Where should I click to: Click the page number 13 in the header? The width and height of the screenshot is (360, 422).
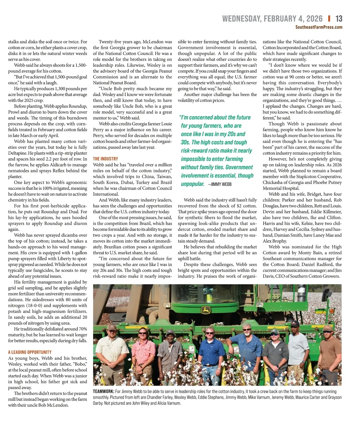(x=339, y=19)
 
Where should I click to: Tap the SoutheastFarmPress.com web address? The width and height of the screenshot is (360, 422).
(x=319, y=27)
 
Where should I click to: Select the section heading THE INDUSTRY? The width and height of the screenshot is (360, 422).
(x=105, y=159)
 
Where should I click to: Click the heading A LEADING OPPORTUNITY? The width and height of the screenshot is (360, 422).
(x=30, y=352)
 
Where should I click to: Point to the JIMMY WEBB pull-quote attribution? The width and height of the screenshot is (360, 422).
(x=220, y=184)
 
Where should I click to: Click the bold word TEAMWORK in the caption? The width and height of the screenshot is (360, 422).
(x=103, y=391)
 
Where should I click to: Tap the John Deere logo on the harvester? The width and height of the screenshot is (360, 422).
(x=206, y=310)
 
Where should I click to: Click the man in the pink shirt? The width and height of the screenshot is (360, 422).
(x=143, y=354)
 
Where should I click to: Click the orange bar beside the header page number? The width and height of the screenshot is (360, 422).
(x=329, y=19)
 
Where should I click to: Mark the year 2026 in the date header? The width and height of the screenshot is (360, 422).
(x=314, y=19)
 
